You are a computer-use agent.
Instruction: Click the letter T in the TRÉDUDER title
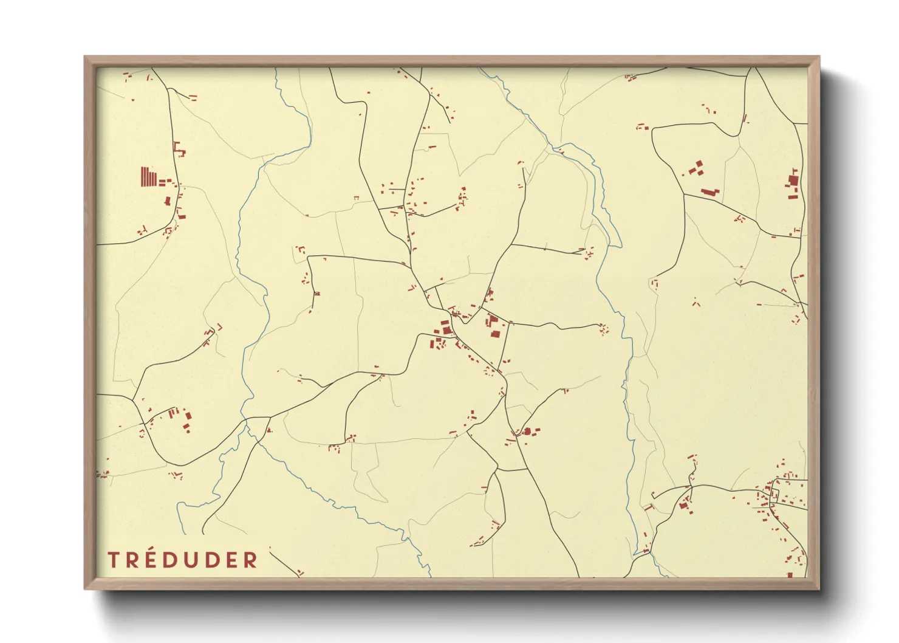(112, 560)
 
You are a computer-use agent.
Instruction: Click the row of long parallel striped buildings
(148, 177)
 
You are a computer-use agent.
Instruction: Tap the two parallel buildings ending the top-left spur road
(193, 97)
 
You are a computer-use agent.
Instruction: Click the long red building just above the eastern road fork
(708, 192)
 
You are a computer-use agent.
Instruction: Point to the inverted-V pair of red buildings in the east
(696, 301)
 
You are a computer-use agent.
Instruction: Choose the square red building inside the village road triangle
(494, 334)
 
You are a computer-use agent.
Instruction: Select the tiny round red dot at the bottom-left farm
(188, 432)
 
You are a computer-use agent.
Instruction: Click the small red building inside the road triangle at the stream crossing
(268, 429)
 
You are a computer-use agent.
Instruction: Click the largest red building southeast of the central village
(527, 431)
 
